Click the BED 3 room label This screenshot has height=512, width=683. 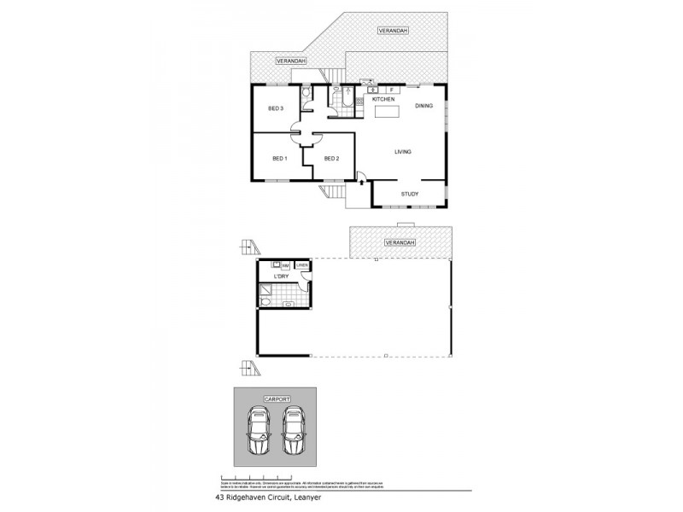point(275,108)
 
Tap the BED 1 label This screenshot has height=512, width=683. point(279,159)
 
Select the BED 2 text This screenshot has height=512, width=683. point(332,159)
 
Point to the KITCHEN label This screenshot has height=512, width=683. point(382,100)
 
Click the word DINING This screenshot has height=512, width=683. point(424,106)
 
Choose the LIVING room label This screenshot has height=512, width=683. point(403,152)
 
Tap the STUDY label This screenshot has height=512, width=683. point(410,195)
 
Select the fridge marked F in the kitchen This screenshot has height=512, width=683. point(391,89)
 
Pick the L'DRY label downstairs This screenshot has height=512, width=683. point(279,277)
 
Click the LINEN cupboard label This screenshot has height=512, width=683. point(301,265)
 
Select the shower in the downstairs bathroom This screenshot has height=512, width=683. point(266,296)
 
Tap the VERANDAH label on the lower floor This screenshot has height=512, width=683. point(400,243)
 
